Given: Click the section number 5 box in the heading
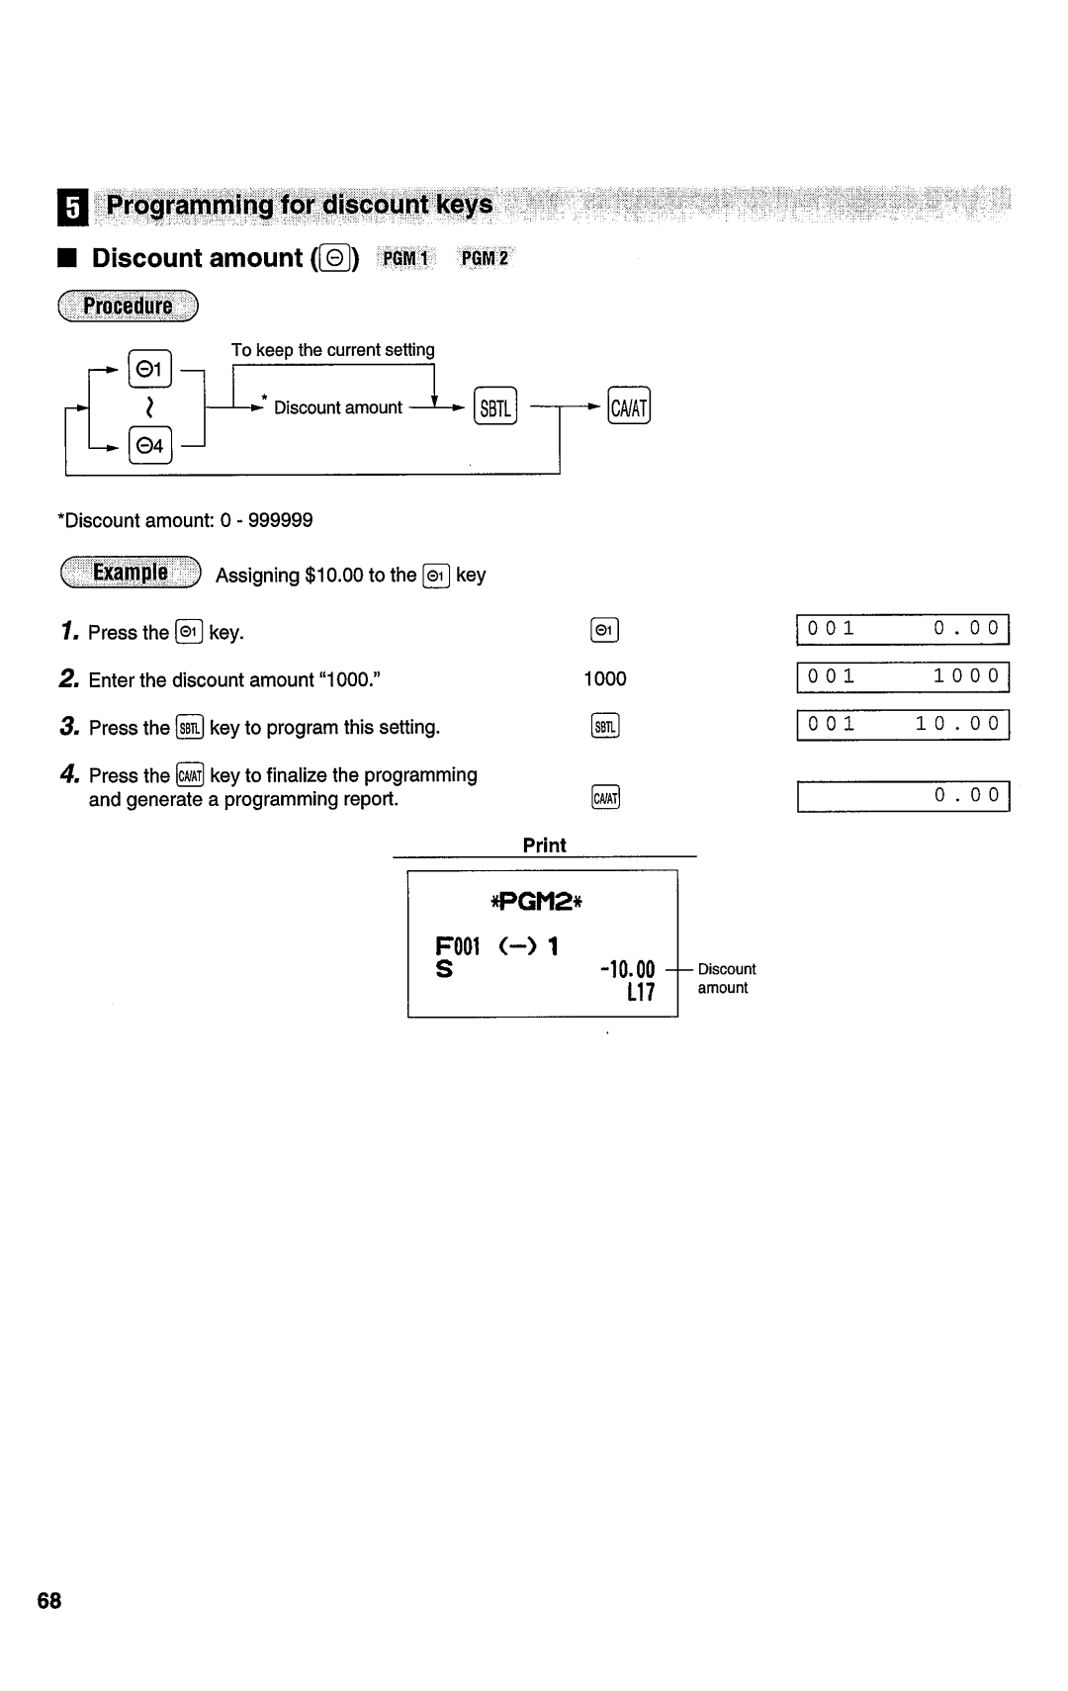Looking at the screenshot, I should click(x=72, y=208).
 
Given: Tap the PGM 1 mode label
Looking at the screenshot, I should click(x=406, y=259).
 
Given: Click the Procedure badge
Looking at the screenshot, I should click(x=129, y=307).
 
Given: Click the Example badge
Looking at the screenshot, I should click(x=130, y=574).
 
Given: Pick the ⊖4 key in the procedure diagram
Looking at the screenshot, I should click(x=150, y=446).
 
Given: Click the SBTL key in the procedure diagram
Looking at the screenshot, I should click(x=495, y=407).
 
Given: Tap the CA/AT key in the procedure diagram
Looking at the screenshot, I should click(x=629, y=407).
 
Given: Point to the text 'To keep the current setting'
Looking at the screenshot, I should click(x=333, y=350).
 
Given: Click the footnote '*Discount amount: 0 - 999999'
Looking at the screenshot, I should click(x=186, y=520).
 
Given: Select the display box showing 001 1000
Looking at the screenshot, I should click(x=903, y=677).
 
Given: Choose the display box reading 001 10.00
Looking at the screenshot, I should click(x=903, y=725).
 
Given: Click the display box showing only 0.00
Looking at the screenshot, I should click(x=903, y=796).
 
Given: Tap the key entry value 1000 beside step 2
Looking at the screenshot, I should click(x=604, y=678).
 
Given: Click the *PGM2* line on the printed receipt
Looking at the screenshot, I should click(x=542, y=902).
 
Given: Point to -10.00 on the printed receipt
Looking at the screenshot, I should click(x=627, y=969).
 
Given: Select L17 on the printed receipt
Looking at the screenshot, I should click(x=640, y=993).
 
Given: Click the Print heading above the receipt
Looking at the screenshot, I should click(x=544, y=845).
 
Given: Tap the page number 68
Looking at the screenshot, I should click(x=49, y=1601).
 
